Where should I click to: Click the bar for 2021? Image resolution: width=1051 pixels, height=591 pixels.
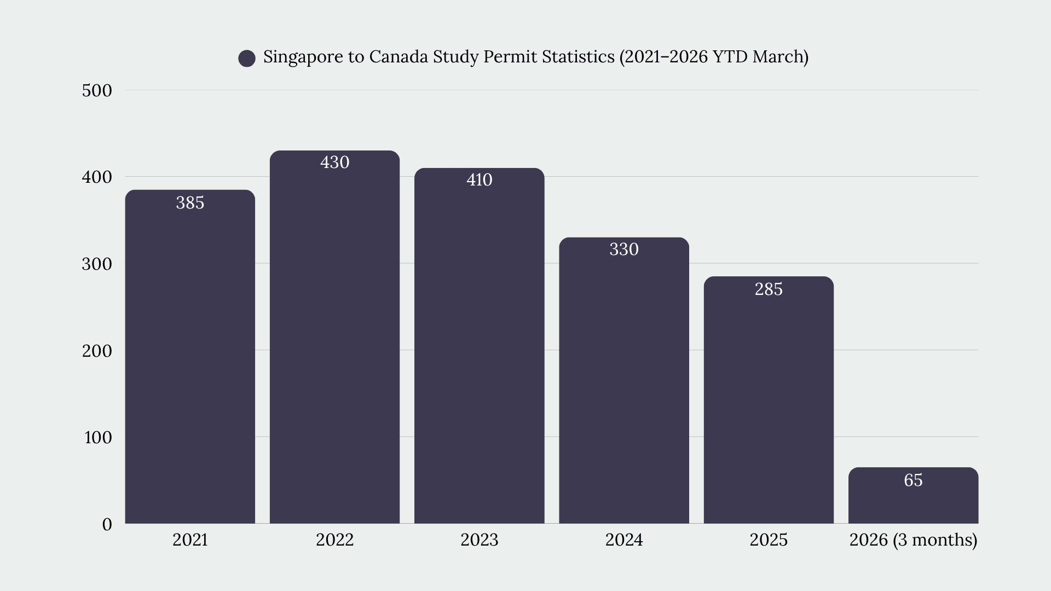tap(190, 357)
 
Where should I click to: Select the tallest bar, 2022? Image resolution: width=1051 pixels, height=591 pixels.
tap(334, 337)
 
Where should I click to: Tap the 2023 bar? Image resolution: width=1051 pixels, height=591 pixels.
tap(480, 346)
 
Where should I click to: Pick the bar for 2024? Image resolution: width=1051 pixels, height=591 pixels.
tap(624, 380)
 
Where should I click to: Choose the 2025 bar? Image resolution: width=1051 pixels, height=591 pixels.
tap(769, 400)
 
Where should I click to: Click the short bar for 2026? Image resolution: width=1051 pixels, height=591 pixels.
tap(913, 495)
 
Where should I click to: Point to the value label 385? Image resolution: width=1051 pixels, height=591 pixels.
tap(190, 203)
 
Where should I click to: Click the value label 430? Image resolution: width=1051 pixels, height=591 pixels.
tap(334, 163)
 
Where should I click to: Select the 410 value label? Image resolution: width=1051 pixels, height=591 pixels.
tap(480, 180)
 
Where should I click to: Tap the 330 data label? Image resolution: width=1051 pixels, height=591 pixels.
tap(624, 250)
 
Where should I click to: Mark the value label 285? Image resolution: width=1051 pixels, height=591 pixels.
tap(769, 289)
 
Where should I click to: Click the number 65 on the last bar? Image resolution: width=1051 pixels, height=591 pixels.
tap(913, 480)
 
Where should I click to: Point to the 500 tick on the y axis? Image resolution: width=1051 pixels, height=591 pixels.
tap(97, 91)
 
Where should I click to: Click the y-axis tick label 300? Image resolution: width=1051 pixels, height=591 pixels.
tap(97, 264)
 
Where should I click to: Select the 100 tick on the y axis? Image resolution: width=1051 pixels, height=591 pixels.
tap(98, 438)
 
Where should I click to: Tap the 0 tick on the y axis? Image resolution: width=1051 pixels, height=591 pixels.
tap(107, 525)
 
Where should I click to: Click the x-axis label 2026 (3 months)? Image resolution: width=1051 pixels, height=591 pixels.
tap(913, 540)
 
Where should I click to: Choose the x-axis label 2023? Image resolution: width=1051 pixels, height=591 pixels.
tap(480, 540)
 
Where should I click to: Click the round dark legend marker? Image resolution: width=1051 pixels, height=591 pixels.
tap(247, 59)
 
